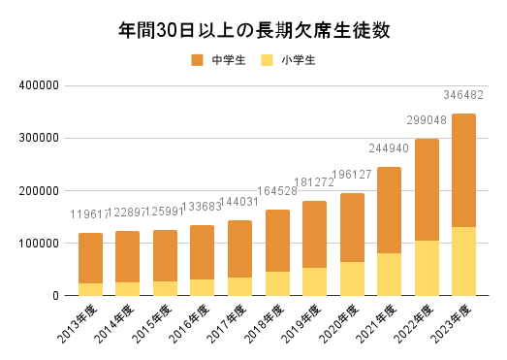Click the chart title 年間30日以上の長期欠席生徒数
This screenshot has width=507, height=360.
[253, 30]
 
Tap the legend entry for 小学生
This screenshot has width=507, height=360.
[290, 60]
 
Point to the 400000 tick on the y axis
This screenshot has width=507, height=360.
[40, 85]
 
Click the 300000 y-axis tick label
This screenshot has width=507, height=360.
[40, 138]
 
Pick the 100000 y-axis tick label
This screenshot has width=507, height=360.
[40, 243]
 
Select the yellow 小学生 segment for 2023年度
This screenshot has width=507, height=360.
[464, 261]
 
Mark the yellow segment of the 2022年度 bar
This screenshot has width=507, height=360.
[428, 268]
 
